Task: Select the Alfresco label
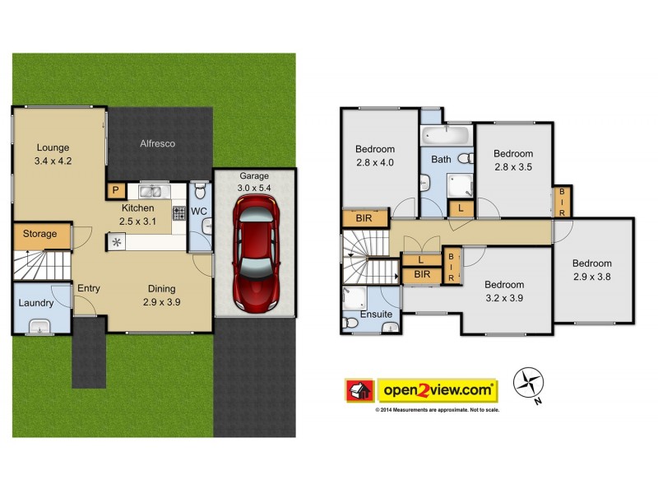click(156, 143)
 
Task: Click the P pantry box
click(115, 191)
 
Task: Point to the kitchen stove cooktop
click(178, 212)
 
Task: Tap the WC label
click(199, 212)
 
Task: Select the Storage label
click(39, 234)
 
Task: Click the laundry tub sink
click(39, 328)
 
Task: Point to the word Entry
click(88, 288)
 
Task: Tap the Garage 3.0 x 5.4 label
click(254, 182)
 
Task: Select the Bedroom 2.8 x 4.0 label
click(375, 156)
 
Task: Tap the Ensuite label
click(377, 315)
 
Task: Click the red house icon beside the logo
click(357, 389)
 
